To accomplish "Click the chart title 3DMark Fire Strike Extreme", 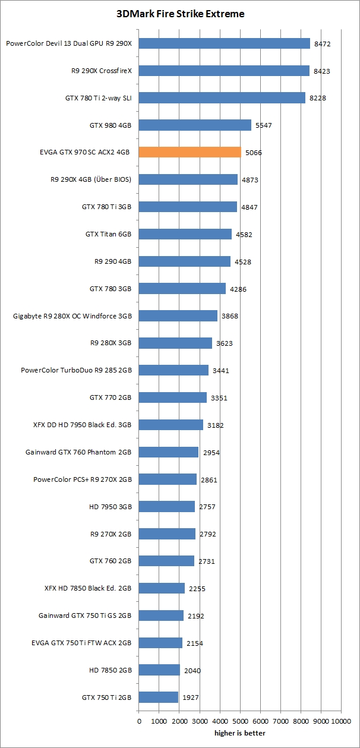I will (180, 14).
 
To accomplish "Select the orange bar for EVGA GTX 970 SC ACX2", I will (190, 152).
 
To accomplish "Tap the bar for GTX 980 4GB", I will (195, 125).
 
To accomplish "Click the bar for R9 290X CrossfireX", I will (224, 71).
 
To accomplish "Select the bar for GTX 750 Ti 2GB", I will (159, 697).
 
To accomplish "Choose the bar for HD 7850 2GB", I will (159, 670).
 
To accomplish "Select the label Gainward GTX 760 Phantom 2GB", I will (78, 452).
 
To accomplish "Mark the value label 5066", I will (253, 153).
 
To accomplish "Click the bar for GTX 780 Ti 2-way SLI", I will (222, 97).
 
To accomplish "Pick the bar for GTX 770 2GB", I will (173, 397).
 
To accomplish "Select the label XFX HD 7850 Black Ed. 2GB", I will (88, 588).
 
